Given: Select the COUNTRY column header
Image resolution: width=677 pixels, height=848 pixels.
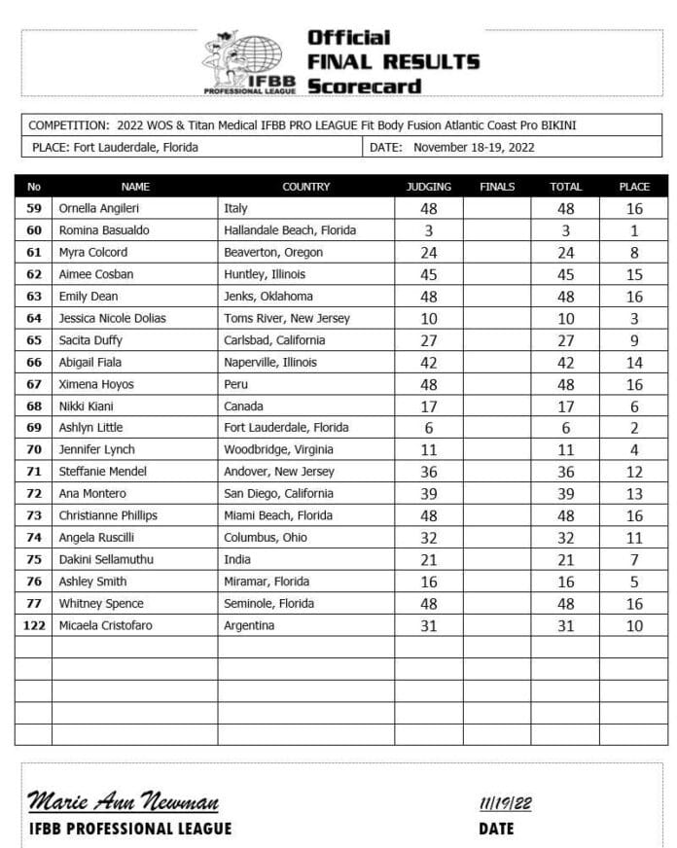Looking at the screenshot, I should [x=305, y=187].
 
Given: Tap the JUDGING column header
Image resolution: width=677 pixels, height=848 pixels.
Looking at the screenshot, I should [x=428, y=187].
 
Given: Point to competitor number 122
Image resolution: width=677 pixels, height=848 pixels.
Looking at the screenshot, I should [x=34, y=625].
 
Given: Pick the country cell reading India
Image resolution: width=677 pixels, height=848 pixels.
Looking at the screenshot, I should [x=237, y=559].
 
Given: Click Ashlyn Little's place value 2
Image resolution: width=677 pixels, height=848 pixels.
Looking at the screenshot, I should [x=634, y=428].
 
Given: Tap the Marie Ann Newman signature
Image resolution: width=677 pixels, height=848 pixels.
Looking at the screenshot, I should [x=124, y=802].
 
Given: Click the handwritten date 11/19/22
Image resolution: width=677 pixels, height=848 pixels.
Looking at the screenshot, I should [x=506, y=803].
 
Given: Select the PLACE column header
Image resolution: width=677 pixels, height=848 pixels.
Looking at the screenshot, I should [x=634, y=187].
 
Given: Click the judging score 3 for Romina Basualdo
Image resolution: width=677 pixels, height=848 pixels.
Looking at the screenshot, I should [x=428, y=230].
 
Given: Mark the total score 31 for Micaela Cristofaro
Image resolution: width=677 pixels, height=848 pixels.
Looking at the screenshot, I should [x=565, y=626].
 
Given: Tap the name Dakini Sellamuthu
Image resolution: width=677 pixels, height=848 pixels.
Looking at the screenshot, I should [x=106, y=559].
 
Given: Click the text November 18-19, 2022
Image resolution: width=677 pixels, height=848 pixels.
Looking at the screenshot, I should [x=474, y=148].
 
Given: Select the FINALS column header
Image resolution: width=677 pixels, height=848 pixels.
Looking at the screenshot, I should [x=497, y=187].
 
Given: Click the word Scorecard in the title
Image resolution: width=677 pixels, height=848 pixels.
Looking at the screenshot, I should [x=365, y=86].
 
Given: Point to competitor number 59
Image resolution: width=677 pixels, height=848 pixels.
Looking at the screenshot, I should [x=34, y=208].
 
